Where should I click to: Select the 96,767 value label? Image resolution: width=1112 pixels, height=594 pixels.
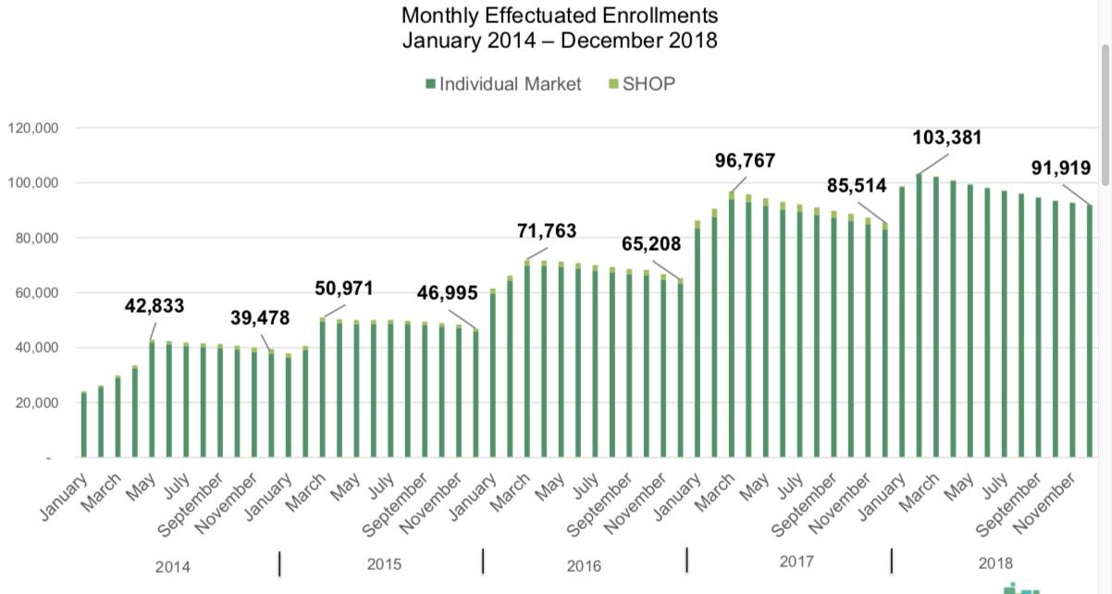click(x=745, y=161)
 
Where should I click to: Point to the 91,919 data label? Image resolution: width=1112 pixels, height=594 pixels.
click(x=1060, y=169)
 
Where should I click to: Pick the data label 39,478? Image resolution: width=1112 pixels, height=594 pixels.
click(x=260, y=318)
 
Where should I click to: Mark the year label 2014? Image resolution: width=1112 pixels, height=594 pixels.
click(x=173, y=565)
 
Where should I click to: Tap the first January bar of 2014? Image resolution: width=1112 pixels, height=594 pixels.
click(x=83, y=425)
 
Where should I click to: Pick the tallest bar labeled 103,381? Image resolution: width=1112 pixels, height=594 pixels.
click(x=919, y=316)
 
